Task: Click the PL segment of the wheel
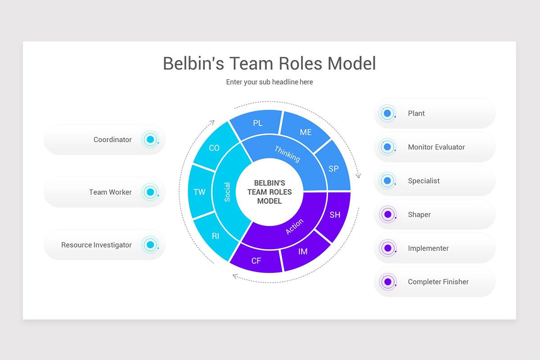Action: tap(257, 123)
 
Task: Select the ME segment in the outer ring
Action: tap(306, 132)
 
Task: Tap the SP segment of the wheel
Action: tap(333, 169)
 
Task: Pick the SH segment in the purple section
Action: tap(335, 215)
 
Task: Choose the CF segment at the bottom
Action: tap(256, 261)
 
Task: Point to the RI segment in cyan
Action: tap(216, 236)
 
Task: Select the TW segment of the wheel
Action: tap(199, 192)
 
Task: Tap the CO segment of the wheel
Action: tap(214, 148)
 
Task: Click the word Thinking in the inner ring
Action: tap(287, 154)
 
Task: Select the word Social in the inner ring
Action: tap(227, 192)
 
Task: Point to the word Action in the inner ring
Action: tap(295, 226)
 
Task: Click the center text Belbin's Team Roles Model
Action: tap(270, 192)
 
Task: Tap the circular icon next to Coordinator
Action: tap(150, 139)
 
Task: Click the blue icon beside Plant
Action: tap(387, 113)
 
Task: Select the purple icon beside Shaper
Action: tap(387, 215)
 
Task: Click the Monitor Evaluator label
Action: tap(436, 147)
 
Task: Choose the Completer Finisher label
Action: tap(438, 282)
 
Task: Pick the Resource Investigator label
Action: tap(96, 245)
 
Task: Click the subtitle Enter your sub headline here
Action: tap(270, 82)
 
